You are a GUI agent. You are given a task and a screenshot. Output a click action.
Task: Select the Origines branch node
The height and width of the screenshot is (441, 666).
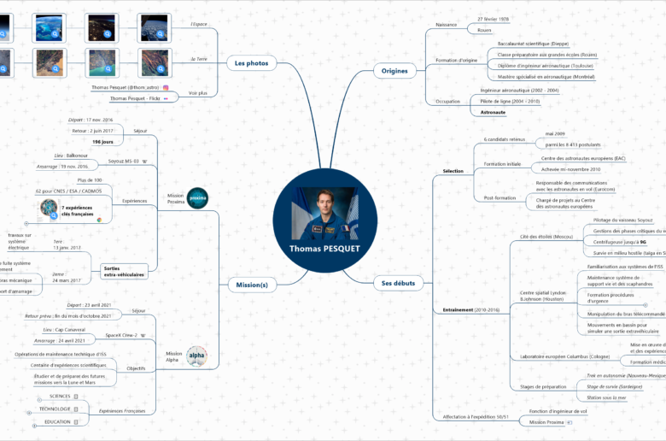click(x=394, y=70)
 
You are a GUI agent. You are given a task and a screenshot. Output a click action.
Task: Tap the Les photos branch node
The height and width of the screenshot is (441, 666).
click(x=251, y=62)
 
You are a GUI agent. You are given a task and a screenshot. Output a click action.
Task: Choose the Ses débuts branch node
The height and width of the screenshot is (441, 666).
click(x=399, y=282)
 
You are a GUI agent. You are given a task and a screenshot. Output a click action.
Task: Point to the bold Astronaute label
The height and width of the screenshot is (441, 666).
click(x=493, y=112)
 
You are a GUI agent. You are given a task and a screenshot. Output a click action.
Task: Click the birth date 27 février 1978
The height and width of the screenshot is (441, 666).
click(x=494, y=18)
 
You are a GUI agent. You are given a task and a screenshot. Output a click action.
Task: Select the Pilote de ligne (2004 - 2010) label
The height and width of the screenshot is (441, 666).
click(x=510, y=101)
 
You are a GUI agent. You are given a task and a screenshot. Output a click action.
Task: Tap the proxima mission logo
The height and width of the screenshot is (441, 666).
click(x=197, y=197)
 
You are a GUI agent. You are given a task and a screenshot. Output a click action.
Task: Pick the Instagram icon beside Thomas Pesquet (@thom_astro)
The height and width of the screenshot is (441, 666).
click(x=166, y=87)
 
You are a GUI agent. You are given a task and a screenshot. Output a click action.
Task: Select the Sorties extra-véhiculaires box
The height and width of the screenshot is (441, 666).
click(x=125, y=271)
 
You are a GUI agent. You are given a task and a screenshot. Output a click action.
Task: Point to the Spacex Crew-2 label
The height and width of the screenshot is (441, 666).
click(x=122, y=336)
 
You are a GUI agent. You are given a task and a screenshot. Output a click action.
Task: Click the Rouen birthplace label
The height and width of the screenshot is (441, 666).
click(x=484, y=29)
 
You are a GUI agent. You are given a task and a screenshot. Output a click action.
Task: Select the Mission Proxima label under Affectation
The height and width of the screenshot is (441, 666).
click(x=546, y=421)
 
